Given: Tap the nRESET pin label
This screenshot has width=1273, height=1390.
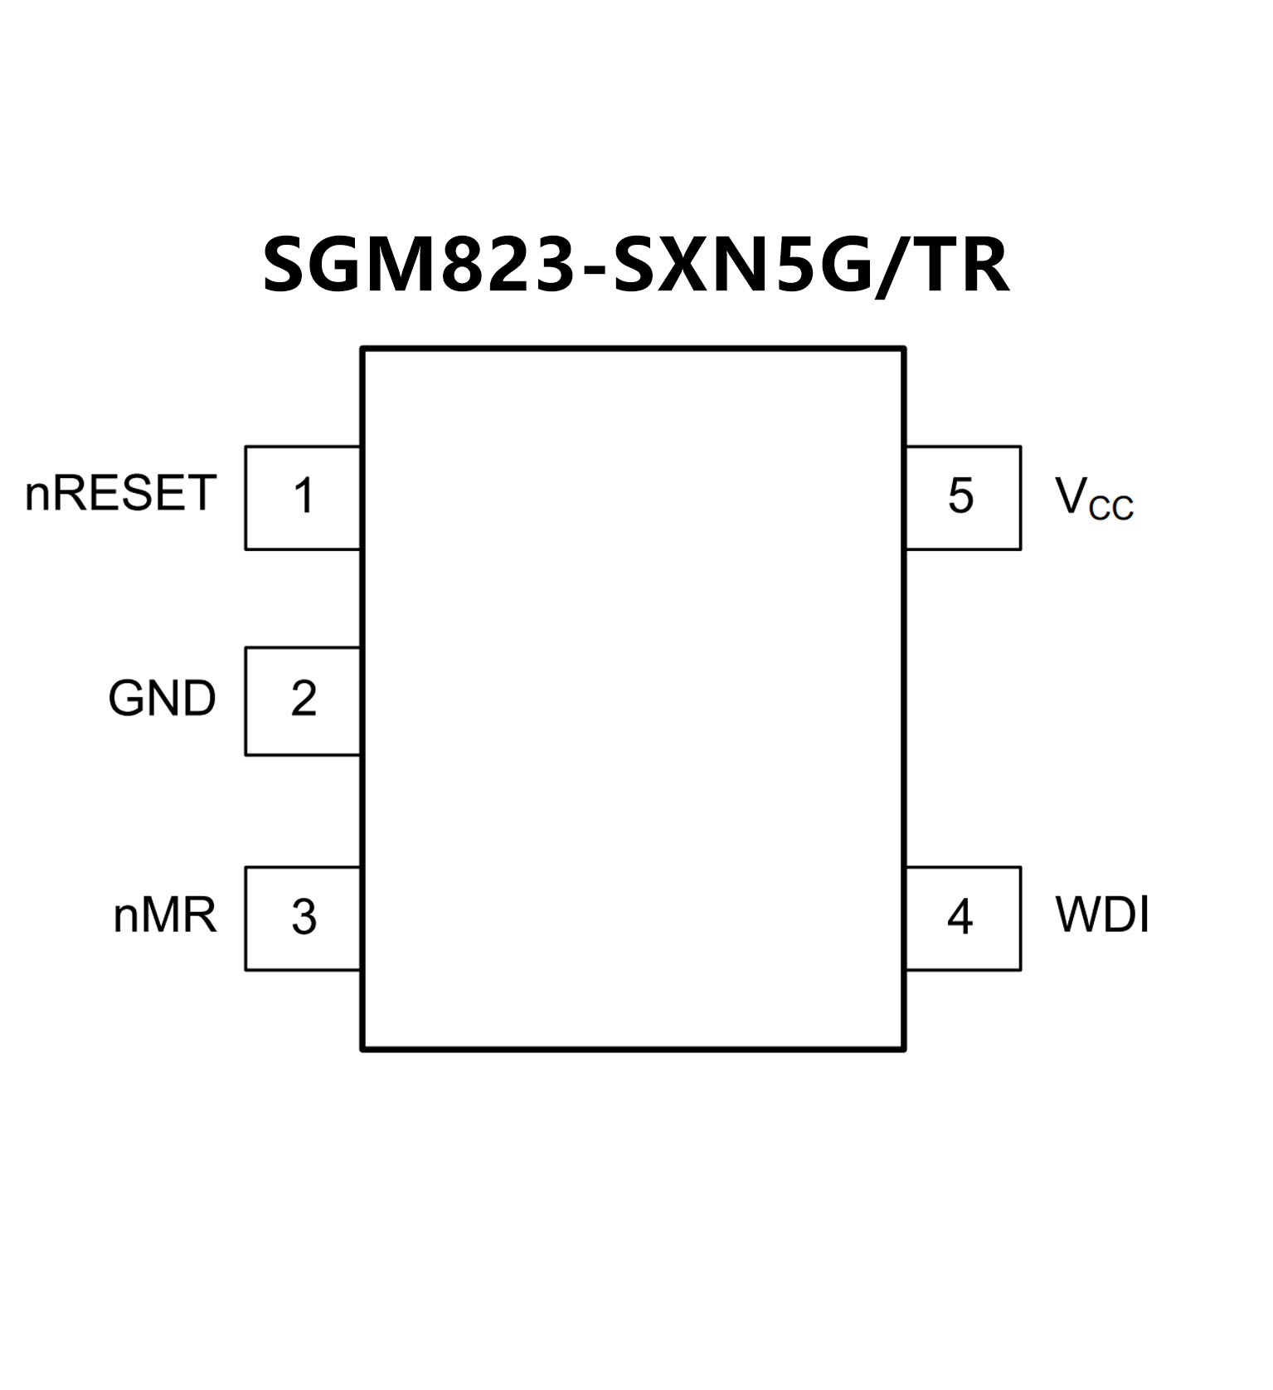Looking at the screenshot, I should tap(121, 493).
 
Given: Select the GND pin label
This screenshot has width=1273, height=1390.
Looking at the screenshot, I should tap(162, 698).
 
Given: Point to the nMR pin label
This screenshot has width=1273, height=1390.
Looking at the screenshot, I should tap(164, 915).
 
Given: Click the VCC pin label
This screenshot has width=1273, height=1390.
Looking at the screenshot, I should tap(1093, 497).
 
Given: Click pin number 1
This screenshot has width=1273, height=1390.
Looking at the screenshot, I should tap(304, 496).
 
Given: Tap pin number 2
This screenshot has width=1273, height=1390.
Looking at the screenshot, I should tap(304, 699).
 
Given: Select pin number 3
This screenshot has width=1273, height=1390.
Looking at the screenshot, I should tap(304, 917).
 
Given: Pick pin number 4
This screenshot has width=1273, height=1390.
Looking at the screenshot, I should tap(960, 917).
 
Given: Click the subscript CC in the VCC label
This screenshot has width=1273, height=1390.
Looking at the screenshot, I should tap(1111, 507).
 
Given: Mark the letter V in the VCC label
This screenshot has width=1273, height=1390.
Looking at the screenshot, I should tap(1071, 495).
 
